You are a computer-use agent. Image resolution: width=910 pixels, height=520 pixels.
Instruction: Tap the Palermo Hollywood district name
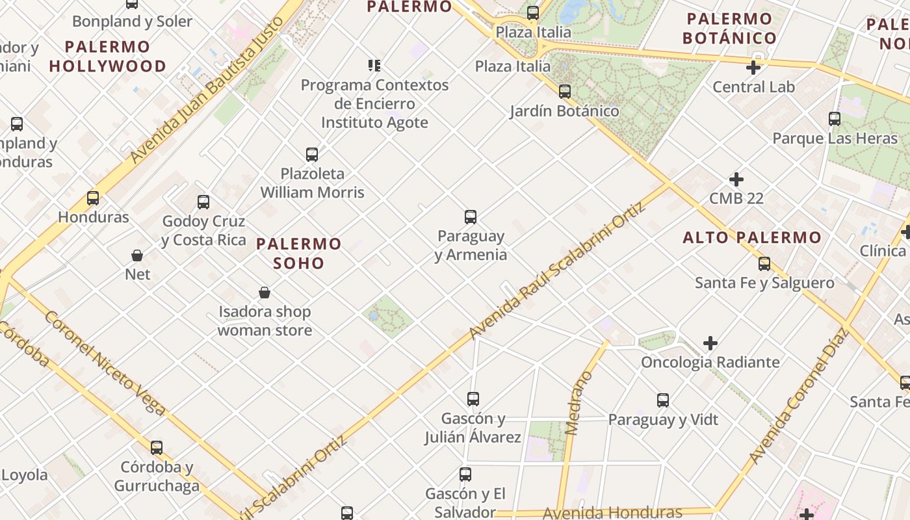(108, 57)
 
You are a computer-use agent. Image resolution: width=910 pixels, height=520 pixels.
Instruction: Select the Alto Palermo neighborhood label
(752, 238)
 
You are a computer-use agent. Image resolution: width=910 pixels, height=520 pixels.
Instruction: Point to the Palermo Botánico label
(729, 28)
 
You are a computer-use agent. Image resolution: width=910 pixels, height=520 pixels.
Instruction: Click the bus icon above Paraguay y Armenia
(471, 217)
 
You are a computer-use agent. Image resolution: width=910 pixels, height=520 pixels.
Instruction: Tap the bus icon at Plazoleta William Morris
(312, 155)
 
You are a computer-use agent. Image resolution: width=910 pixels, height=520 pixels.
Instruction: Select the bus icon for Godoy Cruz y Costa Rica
(203, 202)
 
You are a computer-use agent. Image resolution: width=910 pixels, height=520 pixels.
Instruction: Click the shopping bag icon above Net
(137, 255)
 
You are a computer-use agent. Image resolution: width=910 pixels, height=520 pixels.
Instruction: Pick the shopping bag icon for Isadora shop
(265, 292)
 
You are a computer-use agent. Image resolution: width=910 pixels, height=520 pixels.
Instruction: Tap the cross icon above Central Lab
(753, 68)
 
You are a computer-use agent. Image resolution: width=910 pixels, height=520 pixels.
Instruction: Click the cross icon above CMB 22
(736, 179)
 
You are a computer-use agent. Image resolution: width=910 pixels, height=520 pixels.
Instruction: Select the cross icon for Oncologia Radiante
(710, 343)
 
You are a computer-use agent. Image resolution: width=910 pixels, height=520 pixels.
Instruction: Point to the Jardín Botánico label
(564, 111)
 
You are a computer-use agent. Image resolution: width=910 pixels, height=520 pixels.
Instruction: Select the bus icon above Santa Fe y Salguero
(764, 264)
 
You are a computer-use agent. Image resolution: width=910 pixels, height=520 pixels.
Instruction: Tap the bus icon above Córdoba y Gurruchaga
(157, 448)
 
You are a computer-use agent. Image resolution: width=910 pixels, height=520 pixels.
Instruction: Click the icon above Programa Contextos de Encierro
(374, 65)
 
